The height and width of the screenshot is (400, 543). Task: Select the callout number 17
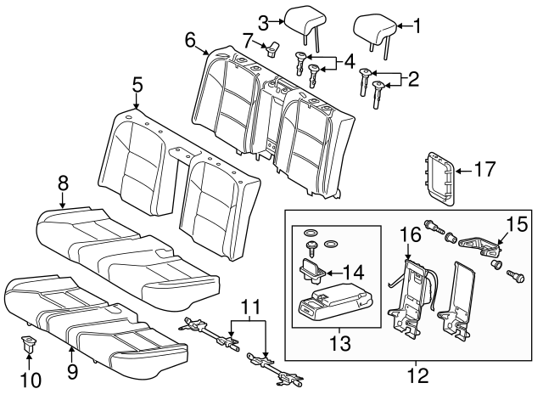pyautogui.click(x=483, y=171)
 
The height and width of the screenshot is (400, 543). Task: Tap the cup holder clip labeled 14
pyautogui.click(x=311, y=270)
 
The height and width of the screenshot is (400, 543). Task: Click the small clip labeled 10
pyautogui.click(x=28, y=344)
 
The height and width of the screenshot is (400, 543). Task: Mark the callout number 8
pyautogui.click(x=63, y=181)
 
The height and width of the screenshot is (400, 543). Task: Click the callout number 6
pyautogui.click(x=190, y=38)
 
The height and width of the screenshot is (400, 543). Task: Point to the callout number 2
pyautogui.click(x=413, y=80)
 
